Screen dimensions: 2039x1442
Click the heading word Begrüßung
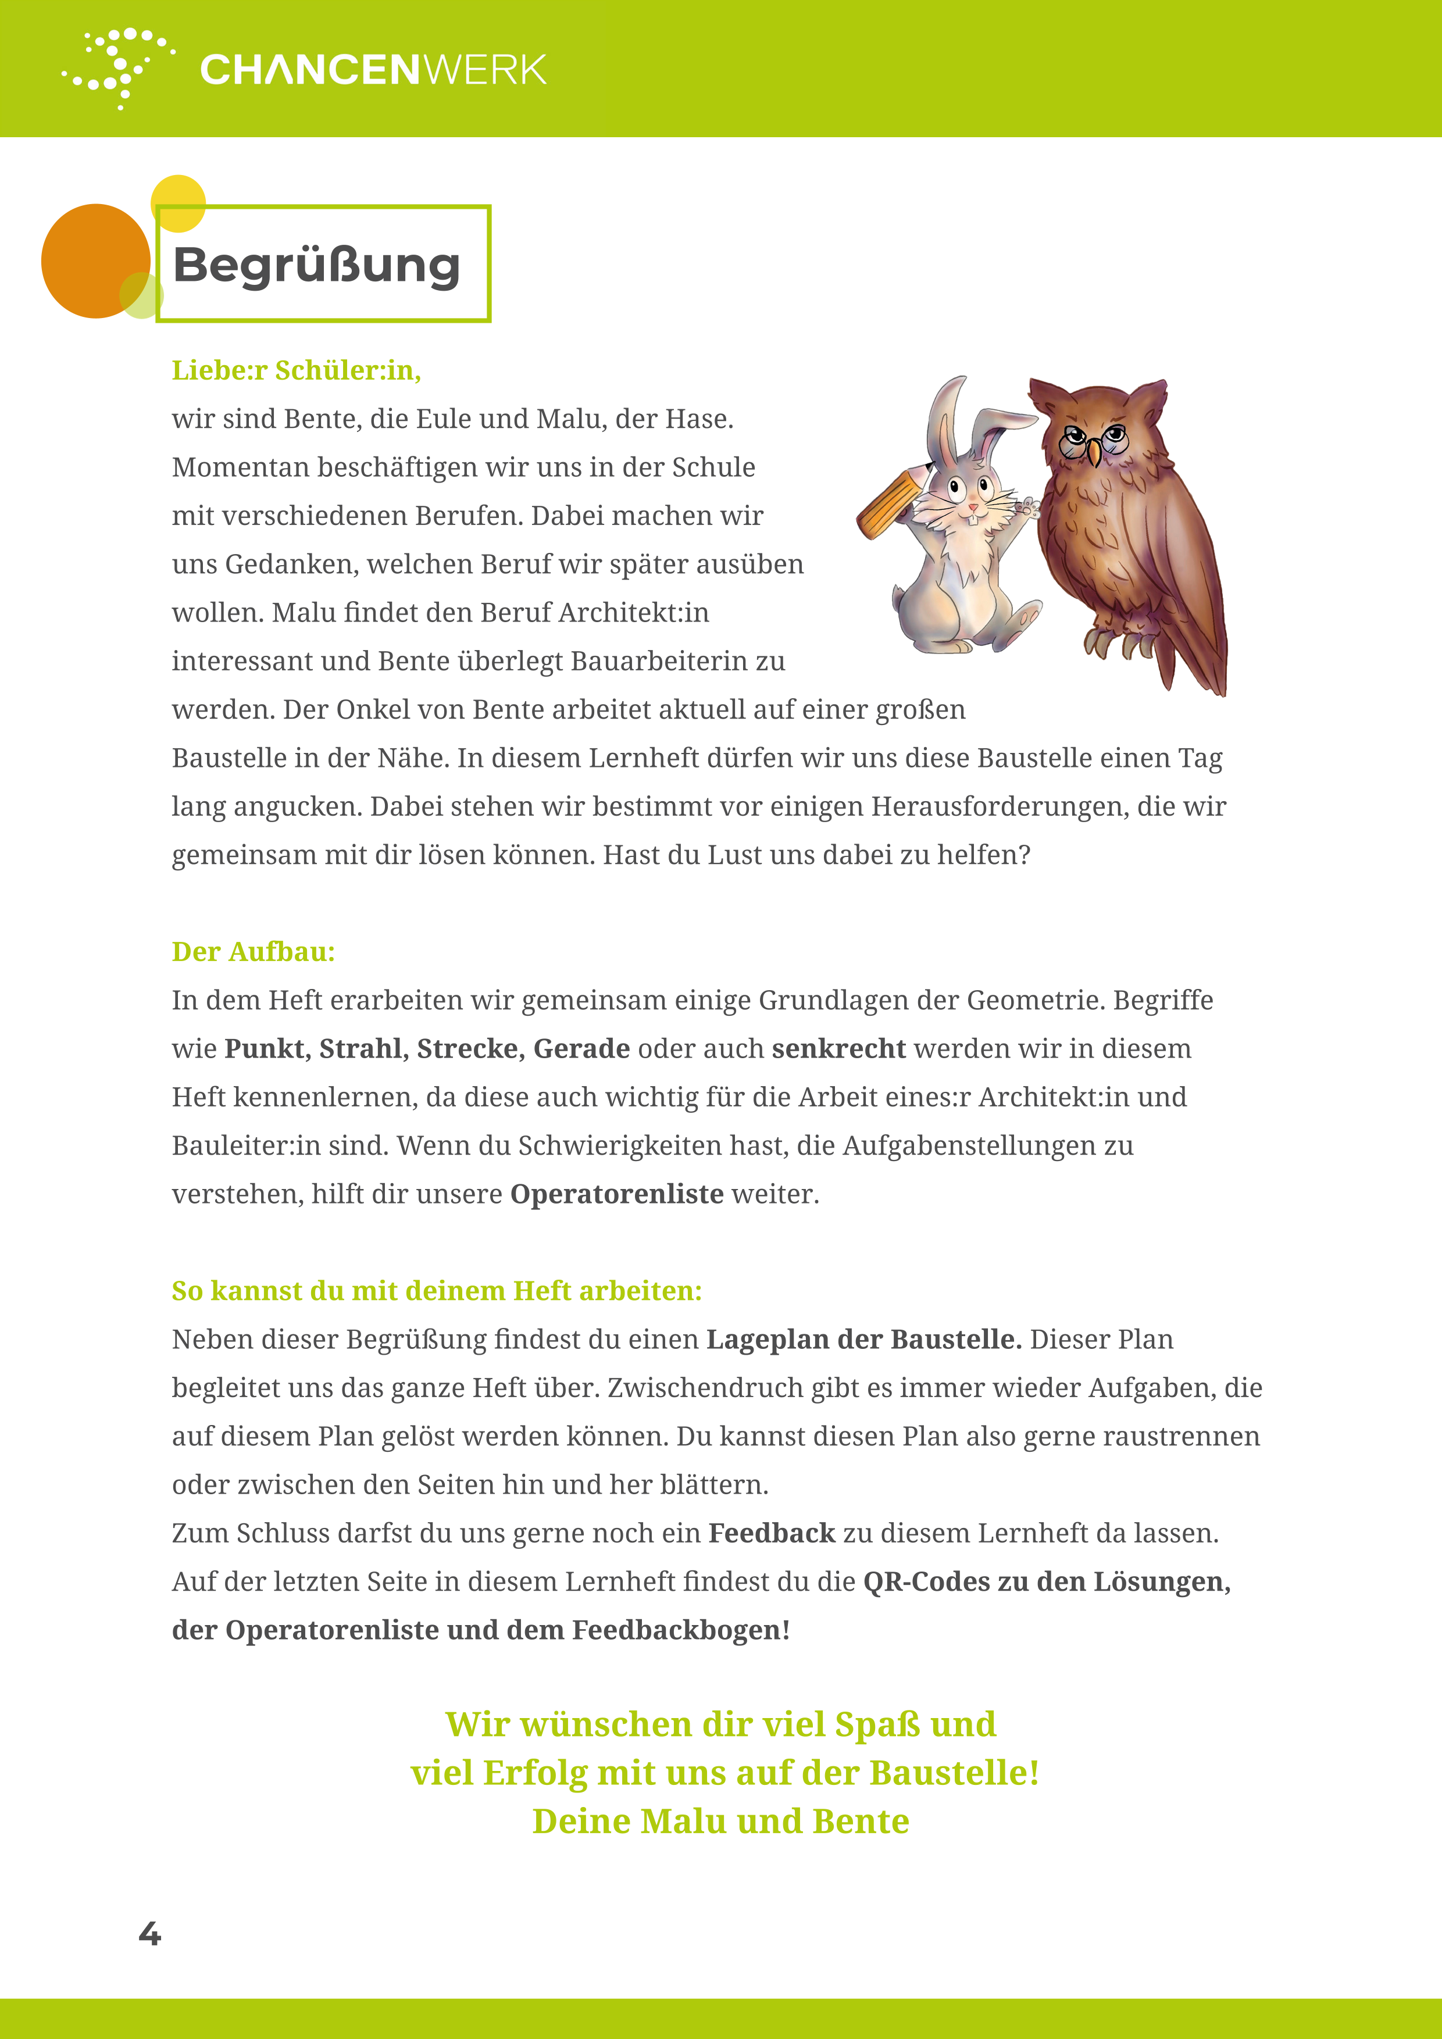(x=317, y=265)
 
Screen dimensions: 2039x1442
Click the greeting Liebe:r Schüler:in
(x=296, y=370)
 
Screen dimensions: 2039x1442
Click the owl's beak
(x=1095, y=454)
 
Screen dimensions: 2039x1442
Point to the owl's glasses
(x=1092, y=440)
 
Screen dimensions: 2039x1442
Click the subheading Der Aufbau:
(x=253, y=952)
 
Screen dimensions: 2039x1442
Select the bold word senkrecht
(x=838, y=1049)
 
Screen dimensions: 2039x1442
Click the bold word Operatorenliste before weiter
(x=616, y=1194)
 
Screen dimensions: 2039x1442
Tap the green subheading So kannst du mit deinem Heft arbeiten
(x=436, y=1291)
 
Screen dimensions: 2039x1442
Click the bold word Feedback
(x=772, y=1534)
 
